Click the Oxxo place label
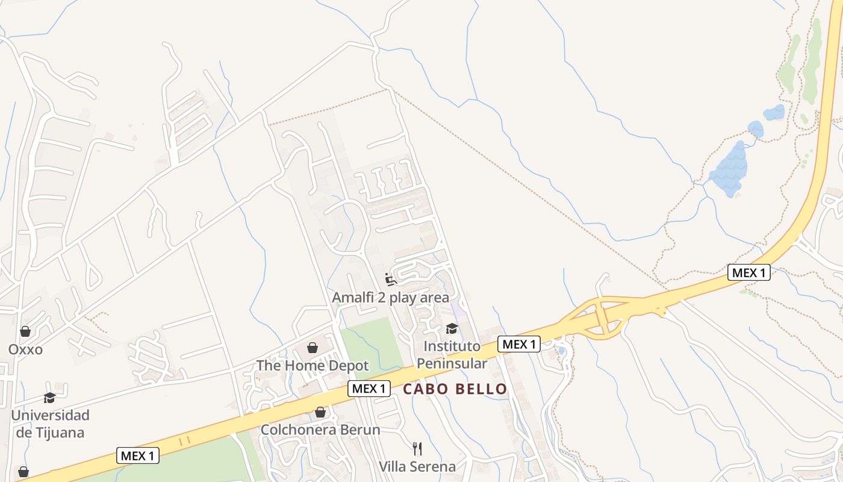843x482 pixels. click(25, 349)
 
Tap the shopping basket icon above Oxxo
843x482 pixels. click(25, 331)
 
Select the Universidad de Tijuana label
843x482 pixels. click(50, 424)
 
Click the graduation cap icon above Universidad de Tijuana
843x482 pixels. click(49, 398)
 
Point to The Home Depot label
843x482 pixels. click(313, 366)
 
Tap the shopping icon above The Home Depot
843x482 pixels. click(313, 348)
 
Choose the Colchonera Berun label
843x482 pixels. click(320, 430)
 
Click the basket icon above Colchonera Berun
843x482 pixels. click(320, 412)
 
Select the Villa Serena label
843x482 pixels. click(417, 466)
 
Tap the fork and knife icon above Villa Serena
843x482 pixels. click(417, 448)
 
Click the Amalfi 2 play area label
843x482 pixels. click(391, 298)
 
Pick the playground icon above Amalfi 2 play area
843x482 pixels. click(391, 280)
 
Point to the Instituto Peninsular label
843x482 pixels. click(452, 355)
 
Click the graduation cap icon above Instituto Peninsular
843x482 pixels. click(452, 328)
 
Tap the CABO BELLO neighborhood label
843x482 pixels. click(455, 389)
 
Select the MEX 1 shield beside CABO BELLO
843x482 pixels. click(369, 389)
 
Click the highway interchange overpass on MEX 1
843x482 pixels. click(600, 316)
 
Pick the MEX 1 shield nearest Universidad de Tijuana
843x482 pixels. click(138, 455)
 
